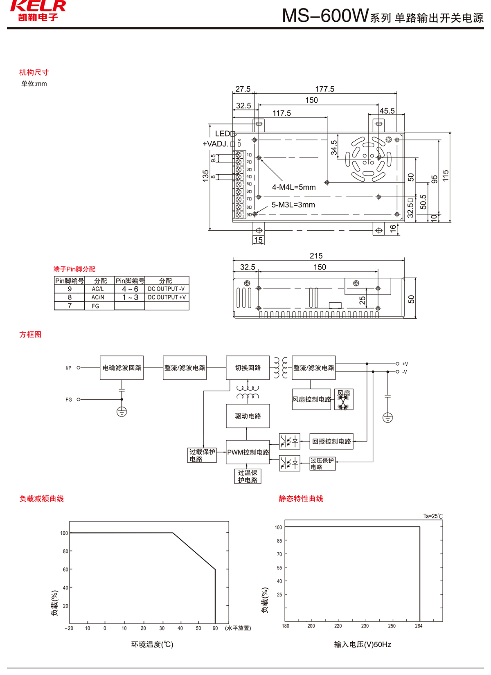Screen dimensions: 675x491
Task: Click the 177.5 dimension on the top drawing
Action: [324, 89]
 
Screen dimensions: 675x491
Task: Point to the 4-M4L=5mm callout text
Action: [294, 187]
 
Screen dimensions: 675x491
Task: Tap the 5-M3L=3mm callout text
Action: [293, 205]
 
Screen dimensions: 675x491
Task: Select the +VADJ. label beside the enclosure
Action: [215, 144]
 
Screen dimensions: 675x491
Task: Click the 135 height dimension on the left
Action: [206, 175]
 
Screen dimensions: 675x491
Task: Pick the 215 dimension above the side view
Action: [316, 256]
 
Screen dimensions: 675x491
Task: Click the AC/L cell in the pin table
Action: [98, 289]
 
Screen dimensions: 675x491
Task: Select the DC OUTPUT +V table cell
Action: [167, 297]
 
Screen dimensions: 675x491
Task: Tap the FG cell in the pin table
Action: [95, 306]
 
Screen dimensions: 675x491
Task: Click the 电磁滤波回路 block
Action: [122, 368]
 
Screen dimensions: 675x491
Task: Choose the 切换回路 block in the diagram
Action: [248, 368]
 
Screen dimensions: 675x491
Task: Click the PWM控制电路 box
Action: [248, 452]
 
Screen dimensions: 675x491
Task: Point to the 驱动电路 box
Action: [248, 416]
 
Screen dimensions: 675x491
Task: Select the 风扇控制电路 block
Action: [311, 399]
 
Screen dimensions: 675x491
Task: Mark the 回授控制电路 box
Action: [331, 441]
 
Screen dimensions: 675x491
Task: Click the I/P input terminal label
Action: [68, 368]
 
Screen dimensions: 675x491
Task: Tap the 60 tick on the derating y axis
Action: [65, 569]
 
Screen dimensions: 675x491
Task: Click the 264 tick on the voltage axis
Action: [419, 626]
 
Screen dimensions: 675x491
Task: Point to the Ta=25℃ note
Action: [433, 516]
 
